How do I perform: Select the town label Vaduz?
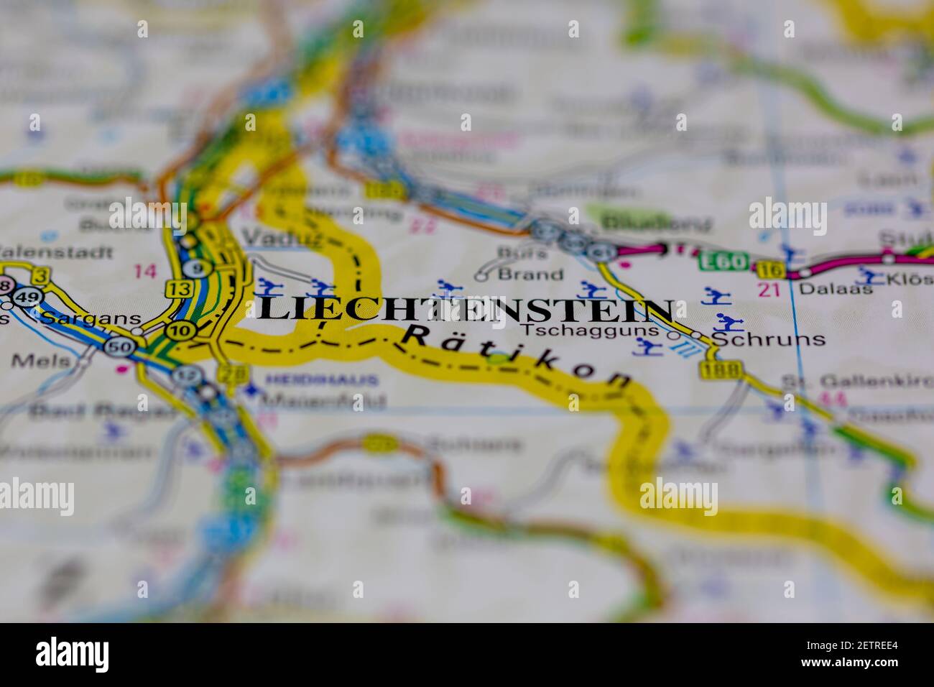pyautogui.click(x=273, y=237)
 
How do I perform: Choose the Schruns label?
pyautogui.click(x=769, y=339)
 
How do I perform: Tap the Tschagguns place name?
pyautogui.click(x=590, y=331)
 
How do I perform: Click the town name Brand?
pyautogui.click(x=530, y=274)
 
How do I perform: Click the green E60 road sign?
pyautogui.click(x=722, y=260)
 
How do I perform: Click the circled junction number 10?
pyautogui.click(x=177, y=331)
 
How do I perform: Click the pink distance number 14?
pyautogui.click(x=144, y=272)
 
